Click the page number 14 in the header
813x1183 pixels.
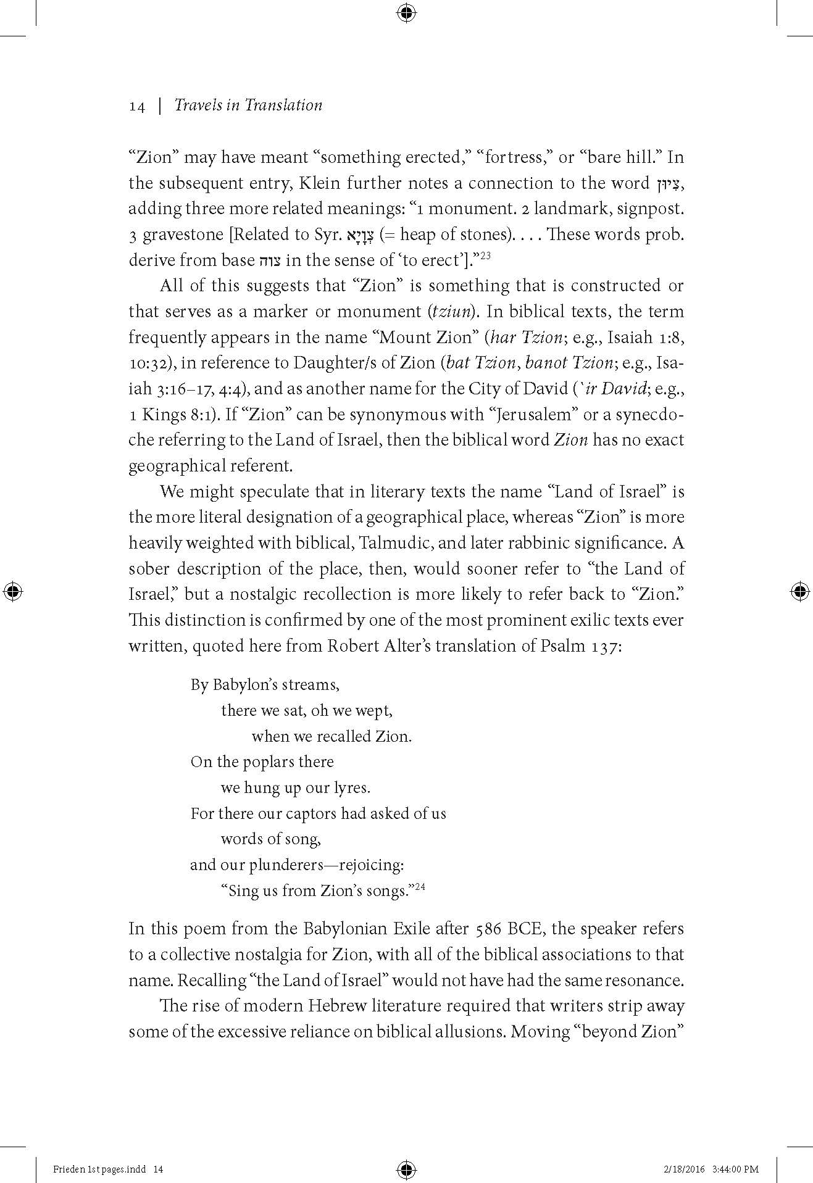(136, 107)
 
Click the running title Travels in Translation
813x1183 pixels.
(248, 106)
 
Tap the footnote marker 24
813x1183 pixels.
(420, 887)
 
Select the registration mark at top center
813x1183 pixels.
(406, 12)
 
